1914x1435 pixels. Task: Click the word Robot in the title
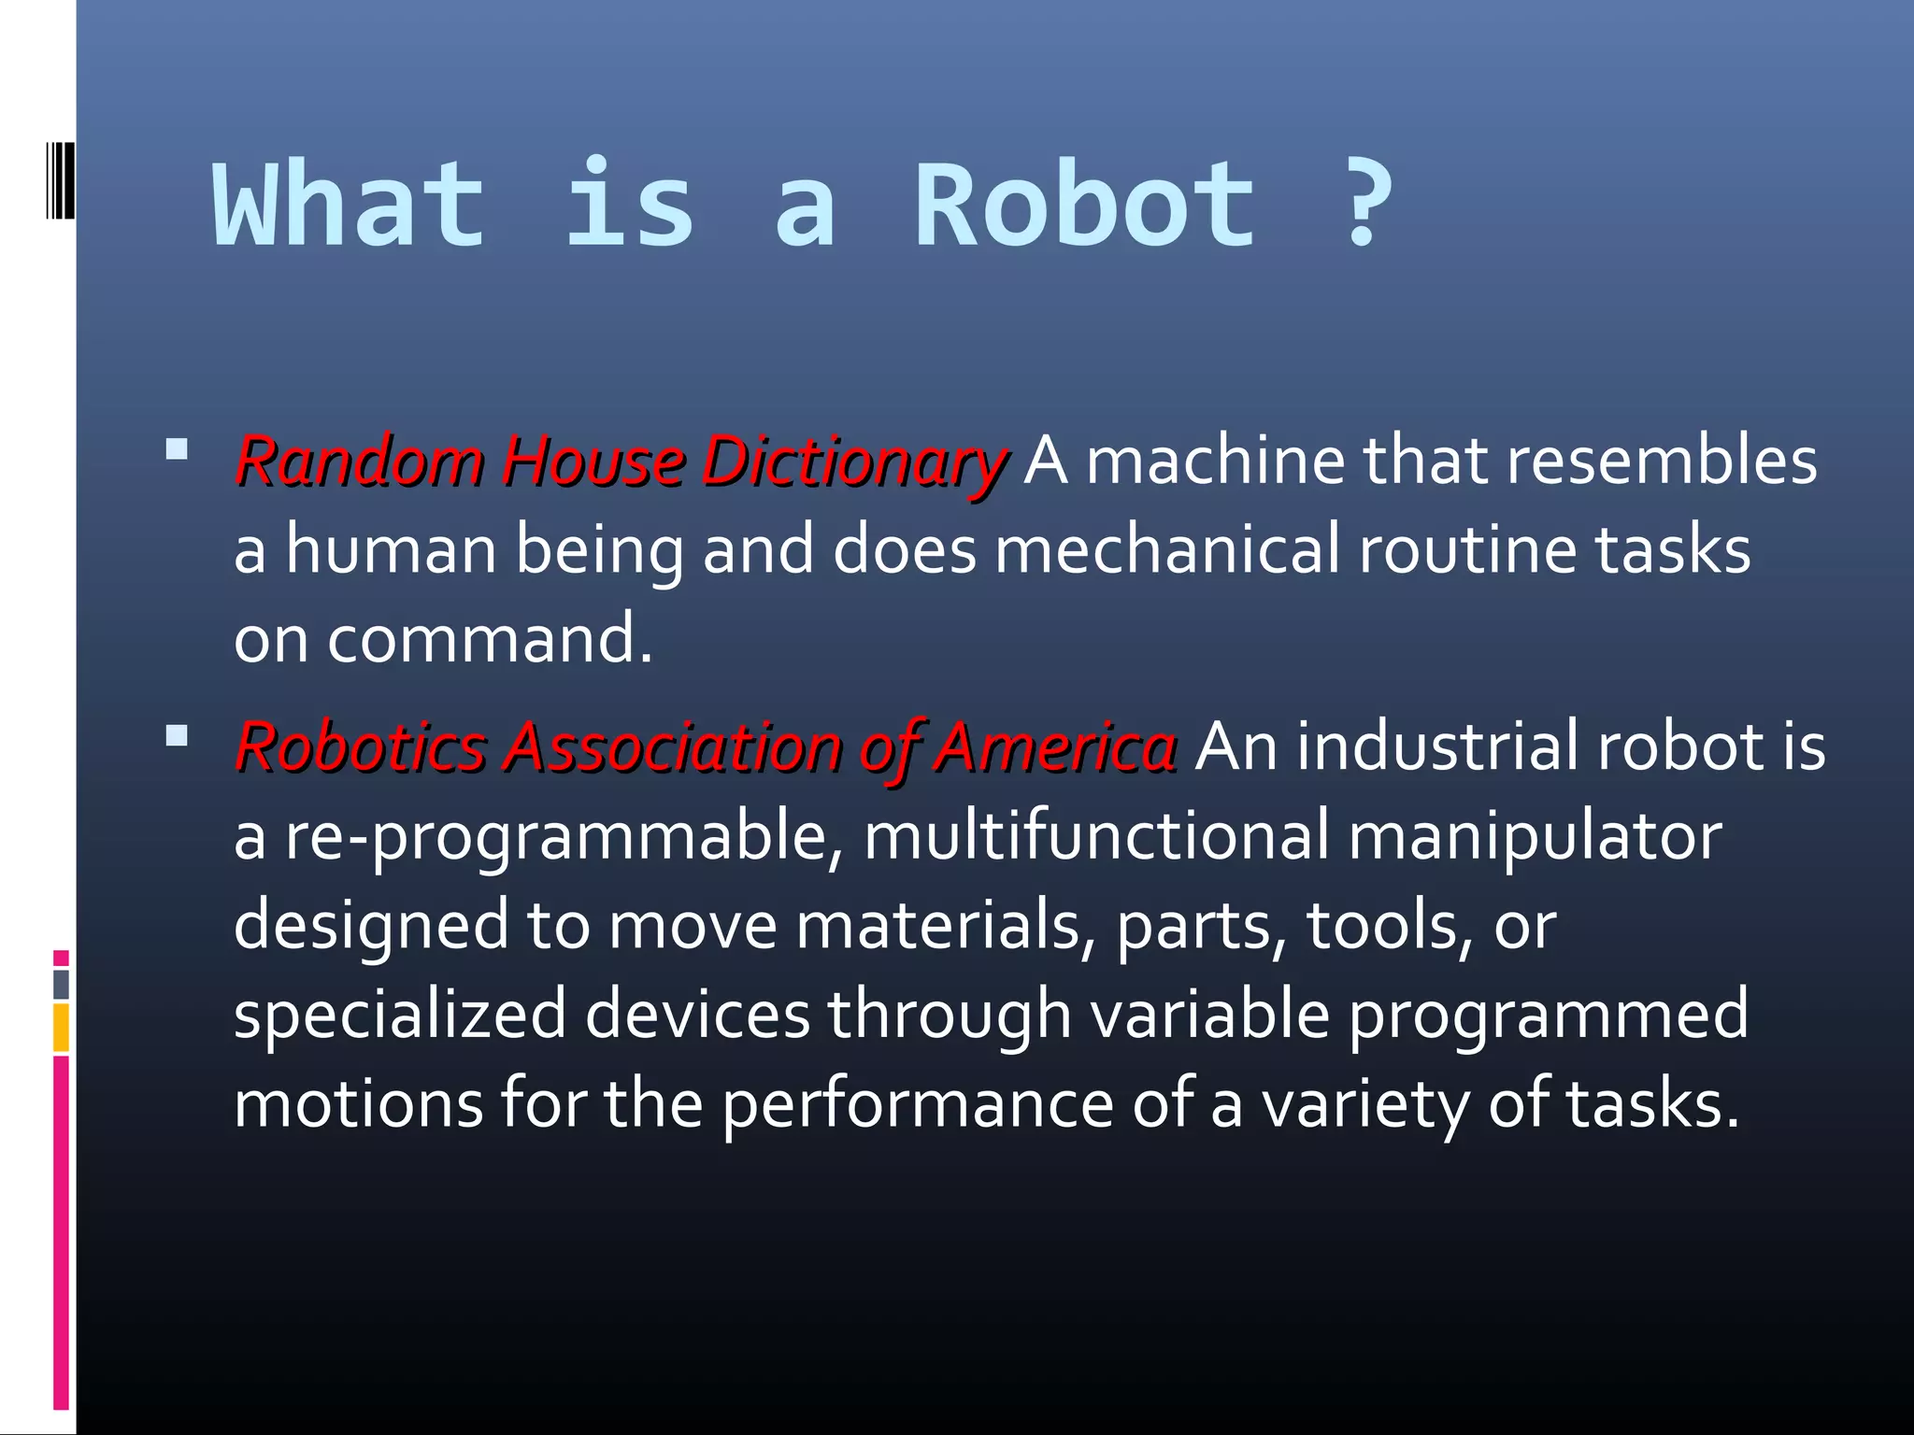[x=1084, y=206]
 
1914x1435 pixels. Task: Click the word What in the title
[x=350, y=206]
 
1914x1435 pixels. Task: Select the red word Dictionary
[x=854, y=462]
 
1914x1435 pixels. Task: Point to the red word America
[x=1055, y=747]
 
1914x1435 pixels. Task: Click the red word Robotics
[x=361, y=747]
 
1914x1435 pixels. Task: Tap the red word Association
[x=673, y=747]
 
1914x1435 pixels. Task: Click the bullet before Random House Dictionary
[x=176, y=450]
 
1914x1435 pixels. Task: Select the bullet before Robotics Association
[x=176, y=736]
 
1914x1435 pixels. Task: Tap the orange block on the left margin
[x=61, y=1028]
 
